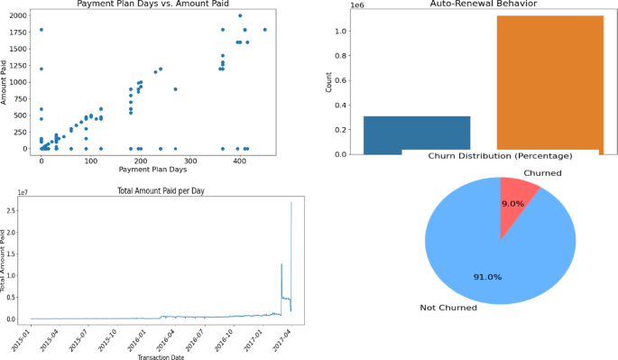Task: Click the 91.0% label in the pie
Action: pos(487,276)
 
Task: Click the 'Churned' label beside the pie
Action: pos(543,173)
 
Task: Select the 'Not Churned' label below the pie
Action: pos(447,309)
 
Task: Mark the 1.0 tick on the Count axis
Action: pos(341,32)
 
